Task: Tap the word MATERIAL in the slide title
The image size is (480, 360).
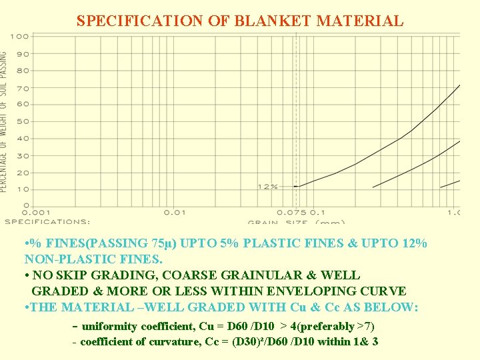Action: (x=360, y=21)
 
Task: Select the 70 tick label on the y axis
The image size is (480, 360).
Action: (x=23, y=88)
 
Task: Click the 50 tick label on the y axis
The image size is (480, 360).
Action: (x=23, y=121)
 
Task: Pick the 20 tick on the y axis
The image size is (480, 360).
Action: (x=23, y=173)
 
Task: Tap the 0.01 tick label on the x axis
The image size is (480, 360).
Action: (x=175, y=212)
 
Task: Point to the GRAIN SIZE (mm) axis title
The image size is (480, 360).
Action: (x=297, y=222)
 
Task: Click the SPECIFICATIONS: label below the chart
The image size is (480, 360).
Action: (x=47, y=221)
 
